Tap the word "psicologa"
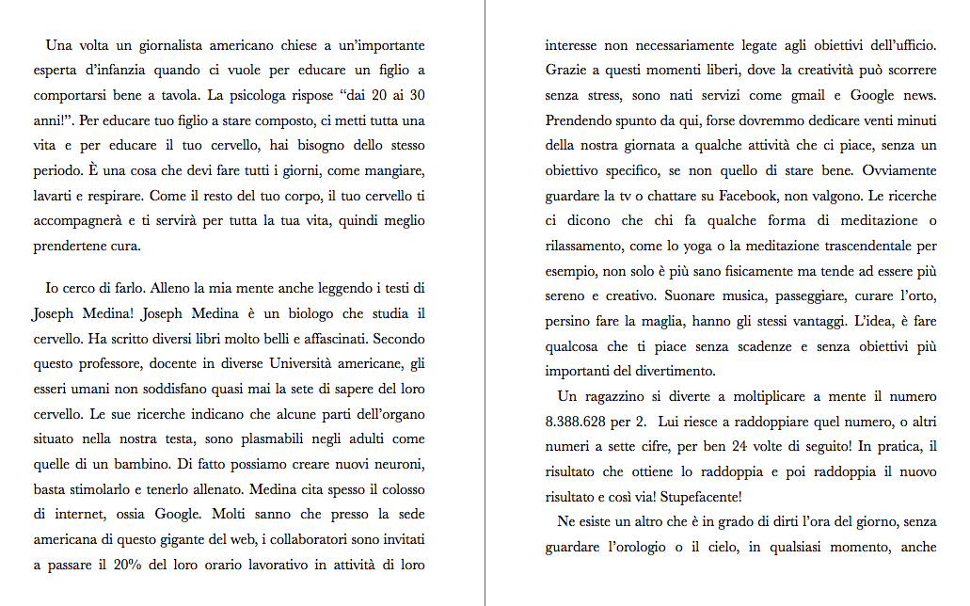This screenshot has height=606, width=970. click(262, 95)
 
